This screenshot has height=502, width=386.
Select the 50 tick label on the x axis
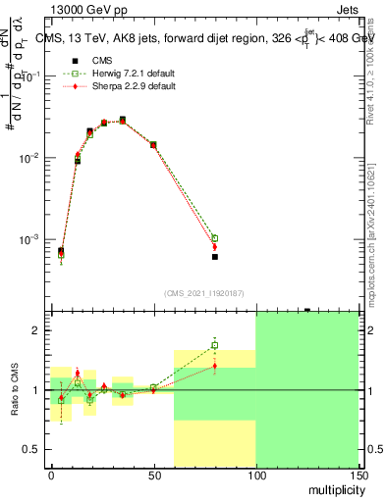tap(153, 476)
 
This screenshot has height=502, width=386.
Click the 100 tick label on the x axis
tap(255, 476)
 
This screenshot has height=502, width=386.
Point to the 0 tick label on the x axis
tap(51, 476)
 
